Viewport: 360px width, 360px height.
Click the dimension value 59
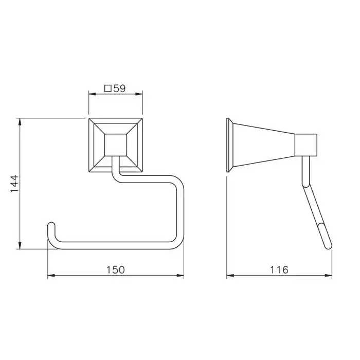pyautogui.click(x=119, y=88)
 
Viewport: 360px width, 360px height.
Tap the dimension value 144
pyautogui.click(x=14, y=184)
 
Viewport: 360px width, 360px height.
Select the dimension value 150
pyautogui.click(x=116, y=270)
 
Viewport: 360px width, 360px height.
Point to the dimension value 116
pyautogui.click(x=279, y=270)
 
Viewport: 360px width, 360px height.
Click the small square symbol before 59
pyautogui.click(x=108, y=88)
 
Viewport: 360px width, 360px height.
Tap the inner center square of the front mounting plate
pyautogui.click(x=116, y=145)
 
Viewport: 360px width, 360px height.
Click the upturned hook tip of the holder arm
pyautogui.click(x=51, y=226)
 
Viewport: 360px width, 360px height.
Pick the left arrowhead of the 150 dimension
pyautogui.click(x=51, y=275)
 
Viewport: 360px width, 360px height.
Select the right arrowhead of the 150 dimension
pyautogui.click(x=180, y=275)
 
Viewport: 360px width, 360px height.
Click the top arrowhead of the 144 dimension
pyautogui.click(x=20, y=122)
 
